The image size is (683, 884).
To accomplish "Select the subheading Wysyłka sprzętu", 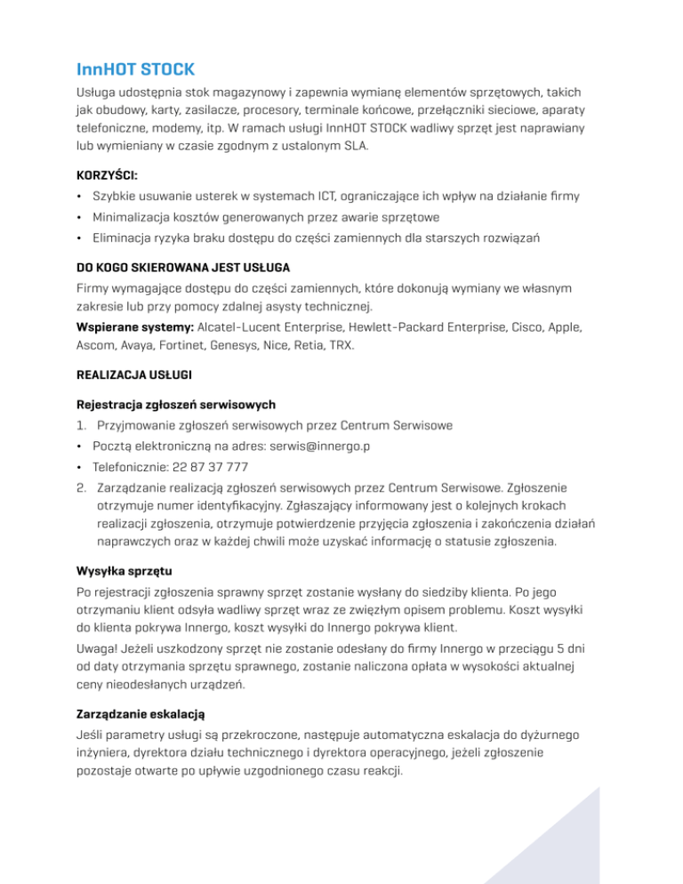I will (125, 569).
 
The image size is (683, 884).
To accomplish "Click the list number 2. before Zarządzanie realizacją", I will (81, 487).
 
